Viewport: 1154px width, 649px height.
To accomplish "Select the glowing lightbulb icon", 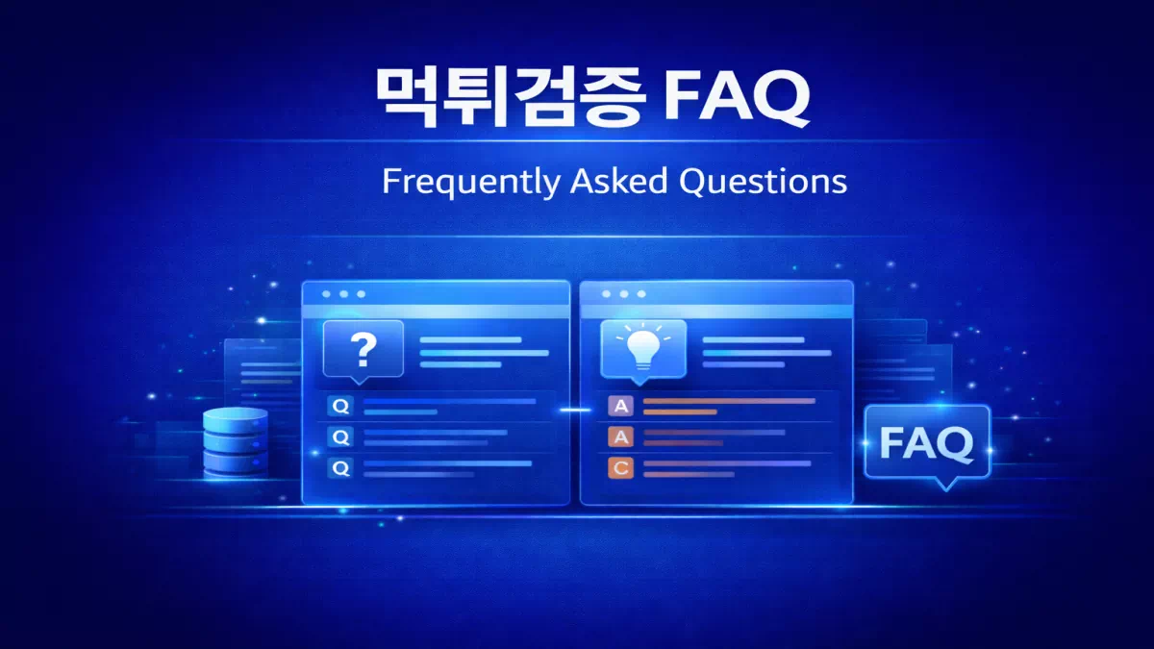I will (642, 348).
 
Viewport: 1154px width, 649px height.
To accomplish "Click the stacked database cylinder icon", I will (236, 441).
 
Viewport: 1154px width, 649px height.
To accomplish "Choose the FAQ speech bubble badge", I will (926, 444).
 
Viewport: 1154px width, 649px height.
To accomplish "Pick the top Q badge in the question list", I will (340, 406).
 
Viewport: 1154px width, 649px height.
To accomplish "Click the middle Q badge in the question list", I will (340, 437).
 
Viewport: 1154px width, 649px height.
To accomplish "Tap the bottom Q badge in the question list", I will (340, 468).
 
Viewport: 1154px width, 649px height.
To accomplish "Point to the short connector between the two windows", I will (575, 410).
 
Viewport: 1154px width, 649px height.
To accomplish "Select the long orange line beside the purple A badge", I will (728, 401).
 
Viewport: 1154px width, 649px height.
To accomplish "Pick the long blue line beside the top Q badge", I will (449, 401).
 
